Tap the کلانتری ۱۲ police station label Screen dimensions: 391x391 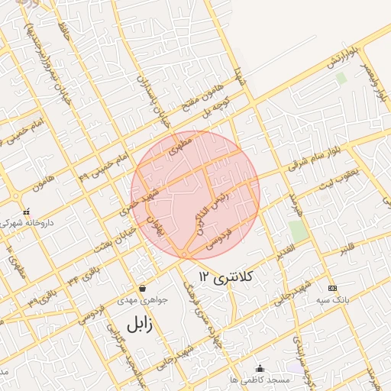click(x=225, y=274)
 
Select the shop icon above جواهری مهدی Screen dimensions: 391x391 click(x=143, y=289)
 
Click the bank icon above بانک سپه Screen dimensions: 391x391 click(x=331, y=288)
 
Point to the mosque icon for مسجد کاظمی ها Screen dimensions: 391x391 click(x=260, y=368)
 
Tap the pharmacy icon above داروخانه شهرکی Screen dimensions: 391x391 click(x=27, y=212)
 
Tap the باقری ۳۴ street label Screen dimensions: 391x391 click(x=83, y=273)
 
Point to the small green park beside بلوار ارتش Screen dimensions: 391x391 click(x=341, y=78)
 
